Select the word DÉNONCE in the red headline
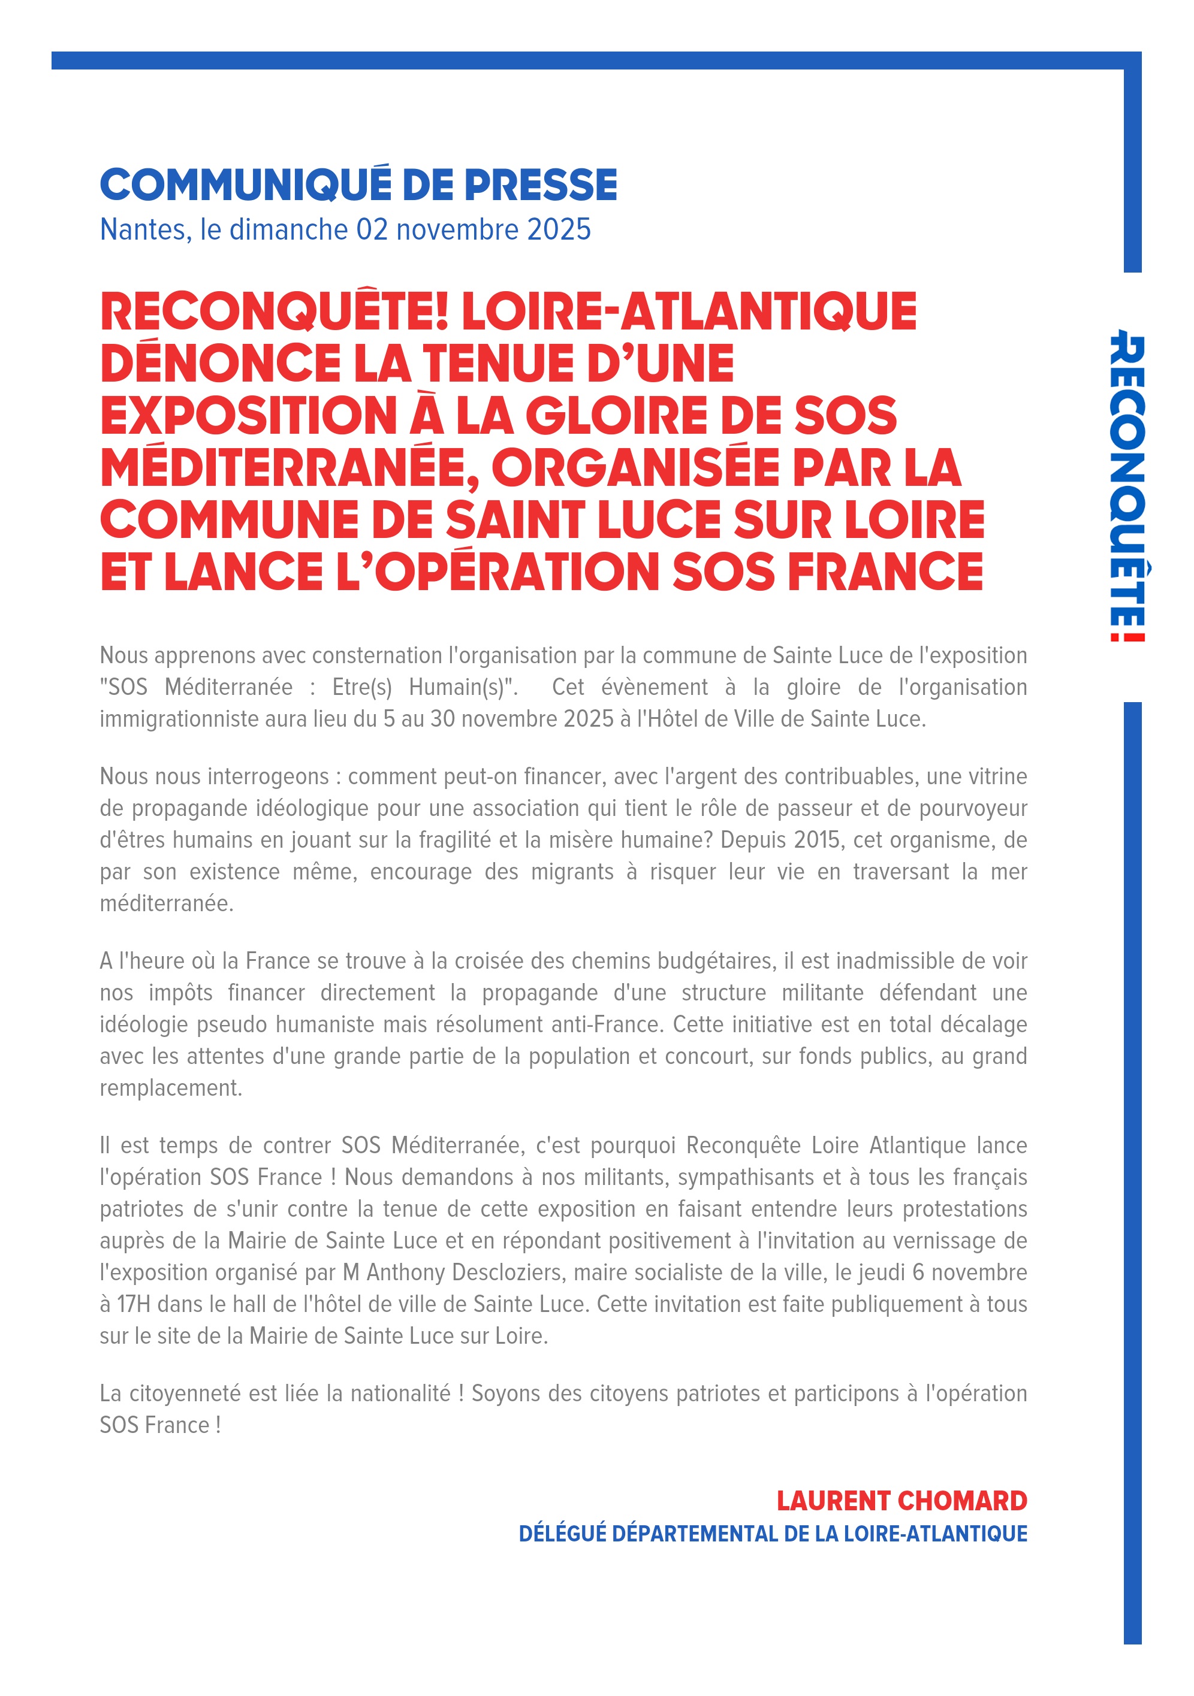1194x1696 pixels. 220,364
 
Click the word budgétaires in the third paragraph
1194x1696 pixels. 716,961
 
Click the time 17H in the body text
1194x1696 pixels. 134,1304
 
